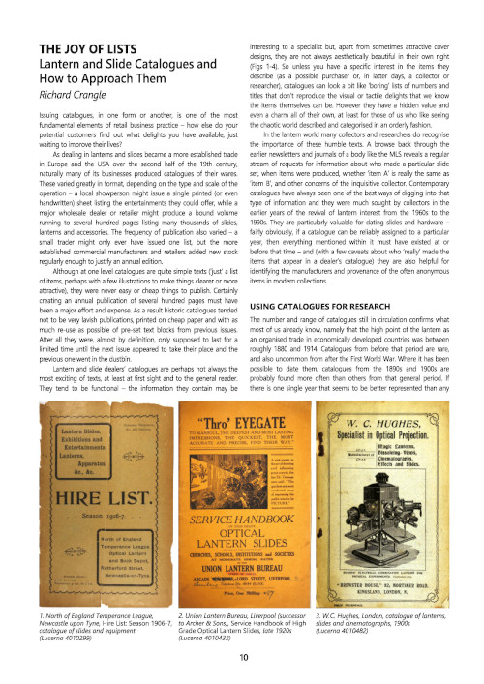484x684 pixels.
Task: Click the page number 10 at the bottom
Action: click(x=242, y=658)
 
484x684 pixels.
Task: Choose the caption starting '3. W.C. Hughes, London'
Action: click(x=392, y=627)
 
